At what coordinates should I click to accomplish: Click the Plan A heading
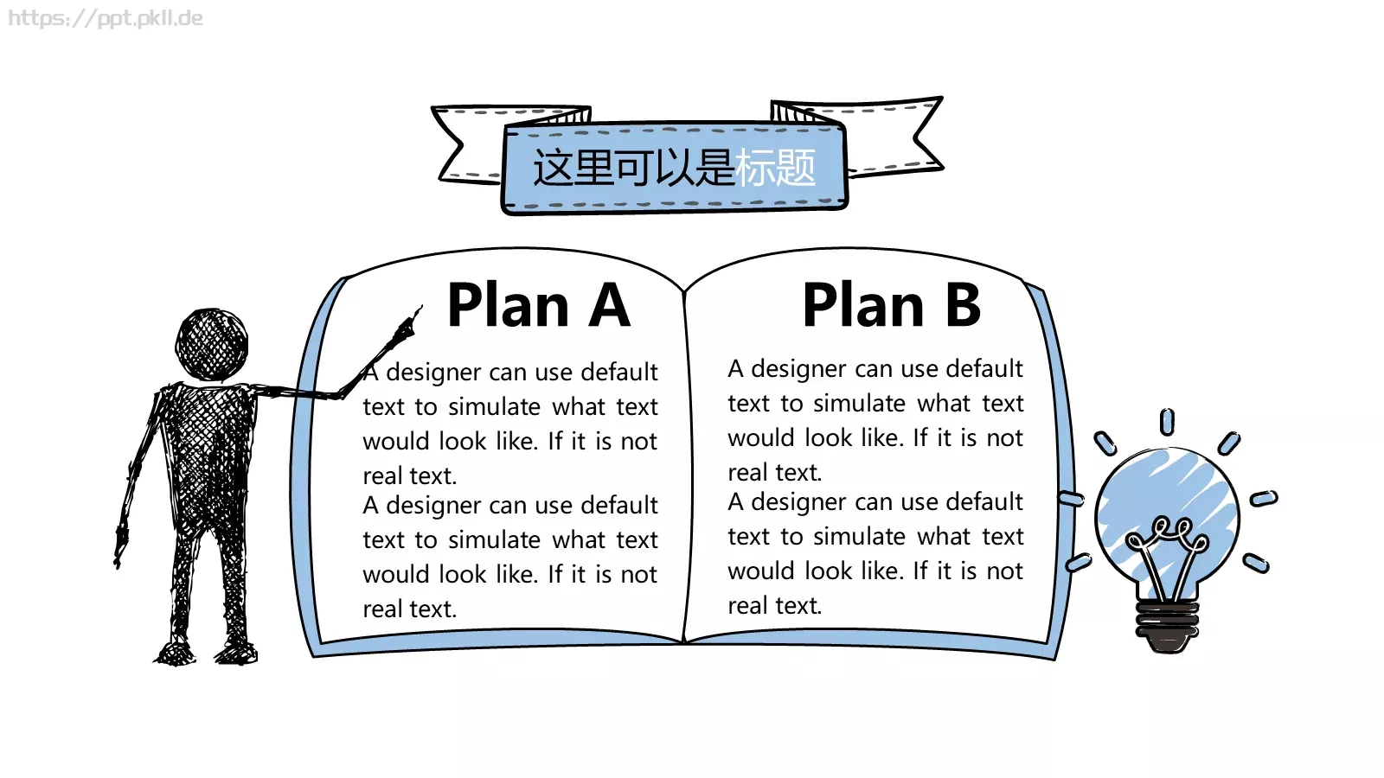(539, 304)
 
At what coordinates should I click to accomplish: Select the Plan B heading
(892, 304)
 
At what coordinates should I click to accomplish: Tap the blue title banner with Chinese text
(674, 168)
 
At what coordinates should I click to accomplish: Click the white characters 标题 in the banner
(775, 168)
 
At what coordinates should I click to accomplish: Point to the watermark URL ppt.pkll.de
(105, 18)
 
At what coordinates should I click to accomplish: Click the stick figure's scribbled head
(212, 345)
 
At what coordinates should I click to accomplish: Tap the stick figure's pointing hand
(407, 324)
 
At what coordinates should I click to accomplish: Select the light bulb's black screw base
(1167, 624)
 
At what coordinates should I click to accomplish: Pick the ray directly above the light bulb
(1167, 423)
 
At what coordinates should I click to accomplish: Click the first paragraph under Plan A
(509, 424)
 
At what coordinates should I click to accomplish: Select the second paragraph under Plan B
(875, 554)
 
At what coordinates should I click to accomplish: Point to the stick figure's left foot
(176, 652)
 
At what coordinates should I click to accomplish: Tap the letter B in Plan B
(963, 304)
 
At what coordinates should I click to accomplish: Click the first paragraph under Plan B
(875, 420)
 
